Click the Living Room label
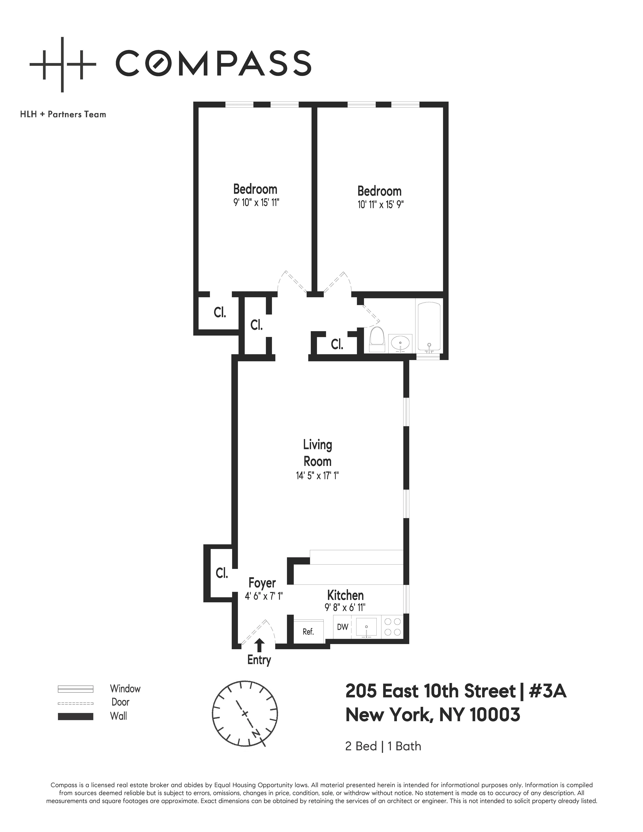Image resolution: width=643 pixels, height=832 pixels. [317, 453]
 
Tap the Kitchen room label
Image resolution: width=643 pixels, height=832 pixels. [345, 595]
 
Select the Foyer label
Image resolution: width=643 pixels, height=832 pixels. [262, 583]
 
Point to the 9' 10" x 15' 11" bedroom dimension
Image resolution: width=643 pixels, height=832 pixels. [256, 202]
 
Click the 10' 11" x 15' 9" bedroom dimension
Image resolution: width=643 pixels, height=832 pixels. [380, 205]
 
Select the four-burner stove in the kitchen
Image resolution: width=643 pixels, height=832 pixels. [392, 627]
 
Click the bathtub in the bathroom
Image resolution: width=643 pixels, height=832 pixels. [429, 327]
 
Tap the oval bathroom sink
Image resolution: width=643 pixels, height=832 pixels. [400, 344]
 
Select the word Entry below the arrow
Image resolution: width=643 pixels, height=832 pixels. [259, 660]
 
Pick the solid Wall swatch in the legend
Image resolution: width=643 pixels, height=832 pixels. [75, 716]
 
